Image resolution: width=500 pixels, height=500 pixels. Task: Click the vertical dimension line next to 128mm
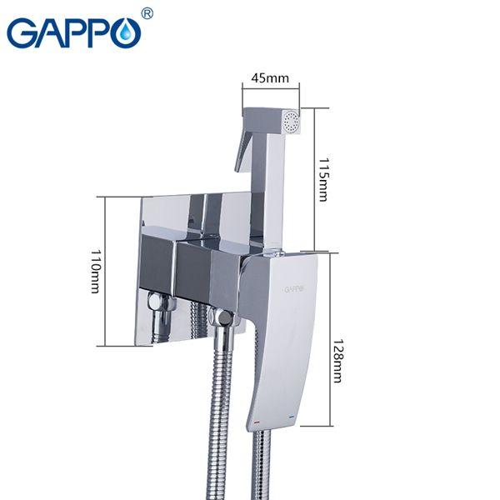[x=330, y=337]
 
